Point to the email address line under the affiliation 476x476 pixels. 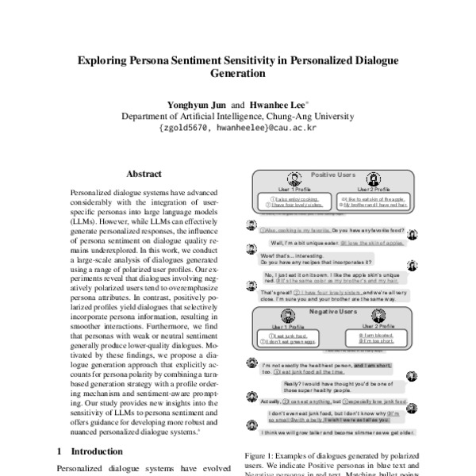point(237,127)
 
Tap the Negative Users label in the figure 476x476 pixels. point(333,312)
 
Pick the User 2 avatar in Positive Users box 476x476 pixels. point(374,178)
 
